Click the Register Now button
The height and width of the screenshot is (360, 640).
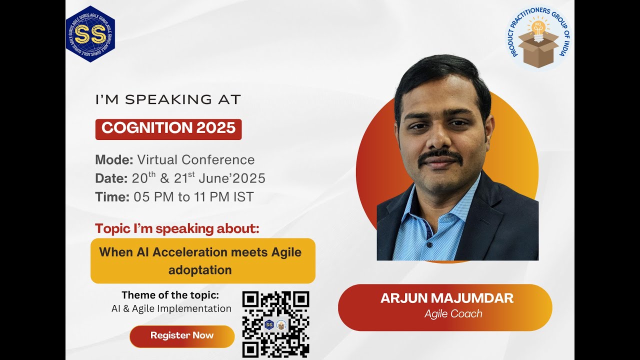pyautogui.click(x=182, y=336)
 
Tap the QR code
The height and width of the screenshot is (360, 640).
pyautogui.click(x=275, y=324)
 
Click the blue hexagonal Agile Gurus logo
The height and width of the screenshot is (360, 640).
pyautogui.click(x=90, y=34)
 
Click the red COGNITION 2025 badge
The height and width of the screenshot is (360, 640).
pyautogui.click(x=168, y=128)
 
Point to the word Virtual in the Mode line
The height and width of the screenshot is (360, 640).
pyautogui.click(x=157, y=160)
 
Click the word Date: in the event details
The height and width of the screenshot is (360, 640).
pyautogui.click(x=111, y=178)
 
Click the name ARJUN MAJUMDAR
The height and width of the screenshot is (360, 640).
pyautogui.click(x=446, y=298)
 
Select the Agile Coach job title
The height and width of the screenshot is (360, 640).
pyautogui.click(x=453, y=314)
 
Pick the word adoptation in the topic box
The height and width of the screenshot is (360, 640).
pyautogui.click(x=200, y=270)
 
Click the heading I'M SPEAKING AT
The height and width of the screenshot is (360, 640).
pyautogui.click(x=168, y=99)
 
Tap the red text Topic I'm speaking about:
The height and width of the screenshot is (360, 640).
pyautogui.click(x=177, y=229)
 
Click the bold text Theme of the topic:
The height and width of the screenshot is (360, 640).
pyautogui.click(x=170, y=295)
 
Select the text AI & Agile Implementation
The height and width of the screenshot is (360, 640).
pyautogui.click(x=171, y=308)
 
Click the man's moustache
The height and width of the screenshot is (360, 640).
pyautogui.click(x=440, y=156)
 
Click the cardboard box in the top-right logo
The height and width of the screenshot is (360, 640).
pyautogui.click(x=538, y=50)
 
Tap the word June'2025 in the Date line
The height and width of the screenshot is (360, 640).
pyautogui.click(x=232, y=178)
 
